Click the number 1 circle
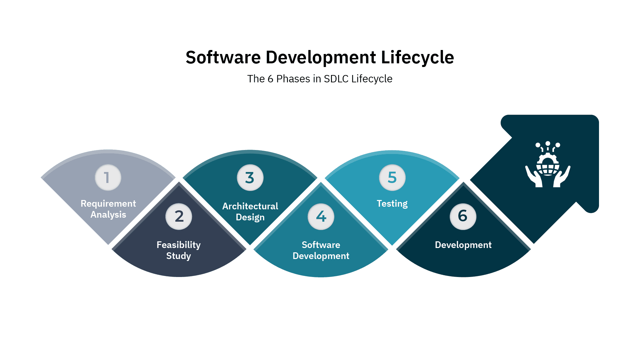pos(108,177)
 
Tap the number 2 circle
pos(179,216)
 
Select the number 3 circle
pos(250,178)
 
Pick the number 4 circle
pos(321,216)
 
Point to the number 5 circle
pos(392,177)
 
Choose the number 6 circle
pos(463,216)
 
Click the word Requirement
pos(108,203)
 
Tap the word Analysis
pos(108,215)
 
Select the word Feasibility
pos(179,245)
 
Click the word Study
pos(179,256)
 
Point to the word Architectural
pos(250,206)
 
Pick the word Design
pos(250,217)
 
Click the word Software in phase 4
pos(321,245)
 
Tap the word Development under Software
pos(321,256)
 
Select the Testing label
pos(392,203)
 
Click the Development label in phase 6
pos(463,245)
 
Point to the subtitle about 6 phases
pos(321,79)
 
